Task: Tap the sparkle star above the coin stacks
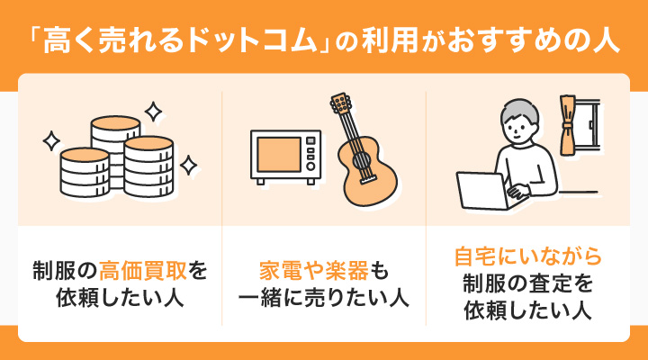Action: (154, 112)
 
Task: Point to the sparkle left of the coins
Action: (50, 140)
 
